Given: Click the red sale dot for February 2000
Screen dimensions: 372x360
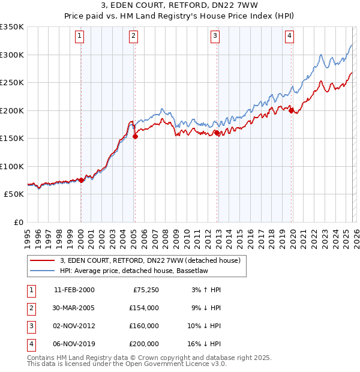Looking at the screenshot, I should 81,180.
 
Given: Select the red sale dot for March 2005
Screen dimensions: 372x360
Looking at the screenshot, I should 135,136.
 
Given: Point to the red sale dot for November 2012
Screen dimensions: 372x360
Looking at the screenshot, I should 217,133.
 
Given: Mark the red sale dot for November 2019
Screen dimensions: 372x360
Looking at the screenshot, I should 291,110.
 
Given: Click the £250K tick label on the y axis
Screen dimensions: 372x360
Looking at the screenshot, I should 11,83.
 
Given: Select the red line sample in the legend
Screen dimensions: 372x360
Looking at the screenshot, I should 42,260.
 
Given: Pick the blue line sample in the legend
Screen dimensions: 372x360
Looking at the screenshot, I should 42,271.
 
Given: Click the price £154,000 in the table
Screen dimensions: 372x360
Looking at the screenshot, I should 145,307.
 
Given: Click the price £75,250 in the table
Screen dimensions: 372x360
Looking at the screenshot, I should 146,289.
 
